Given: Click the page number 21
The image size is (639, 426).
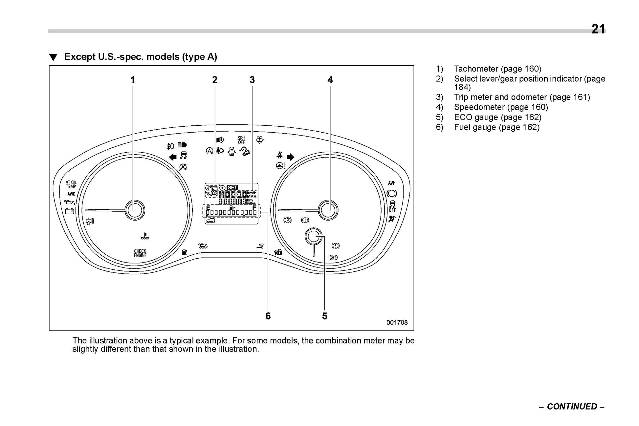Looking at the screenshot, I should click(x=598, y=29).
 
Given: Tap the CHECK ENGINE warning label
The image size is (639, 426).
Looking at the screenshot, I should click(x=140, y=253).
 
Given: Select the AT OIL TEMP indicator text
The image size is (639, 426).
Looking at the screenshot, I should click(x=71, y=184).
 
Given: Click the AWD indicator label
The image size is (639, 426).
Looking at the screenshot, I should click(x=71, y=194).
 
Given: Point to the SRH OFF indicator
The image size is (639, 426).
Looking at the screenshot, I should click(x=241, y=140).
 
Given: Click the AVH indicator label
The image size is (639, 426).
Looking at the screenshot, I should click(x=392, y=183).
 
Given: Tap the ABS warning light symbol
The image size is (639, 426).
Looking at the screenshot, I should click(x=334, y=257).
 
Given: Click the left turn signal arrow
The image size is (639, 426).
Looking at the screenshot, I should click(x=172, y=157).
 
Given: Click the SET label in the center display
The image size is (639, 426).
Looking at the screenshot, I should click(x=232, y=188).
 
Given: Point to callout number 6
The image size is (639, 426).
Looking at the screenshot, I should click(x=268, y=316).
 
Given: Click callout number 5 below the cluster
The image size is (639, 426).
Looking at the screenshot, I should click(x=324, y=316).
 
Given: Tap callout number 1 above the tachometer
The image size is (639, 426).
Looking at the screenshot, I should click(x=132, y=80).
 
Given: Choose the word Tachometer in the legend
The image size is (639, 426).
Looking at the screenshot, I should click(x=476, y=69).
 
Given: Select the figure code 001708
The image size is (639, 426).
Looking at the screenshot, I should click(x=397, y=323).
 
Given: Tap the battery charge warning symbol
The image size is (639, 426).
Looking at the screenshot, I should click(x=70, y=211).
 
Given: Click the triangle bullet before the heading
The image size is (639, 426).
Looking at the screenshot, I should click(x=53, y=58).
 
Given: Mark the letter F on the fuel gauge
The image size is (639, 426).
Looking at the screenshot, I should click(x=254, y=208).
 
